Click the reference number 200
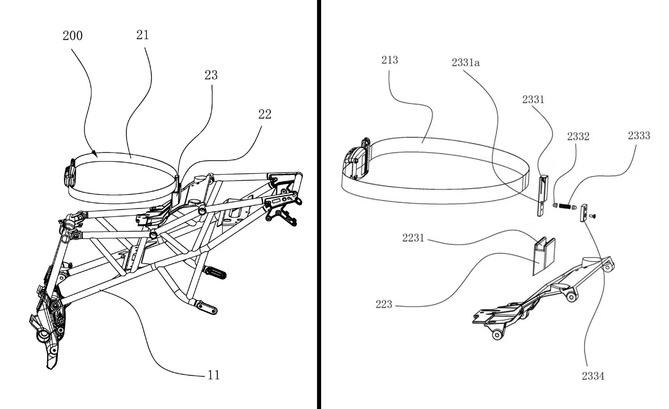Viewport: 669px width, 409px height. coord(72,36)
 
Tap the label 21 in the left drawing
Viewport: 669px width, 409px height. coord(143,35)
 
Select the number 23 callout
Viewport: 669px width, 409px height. coord(211,75)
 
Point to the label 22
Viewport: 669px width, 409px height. coord(265,114)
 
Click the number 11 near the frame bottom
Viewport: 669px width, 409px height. coord(214,375)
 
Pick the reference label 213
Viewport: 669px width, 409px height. coord(390,60)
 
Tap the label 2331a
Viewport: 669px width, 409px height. coord(466,62)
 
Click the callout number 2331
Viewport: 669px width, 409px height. coord(533,99)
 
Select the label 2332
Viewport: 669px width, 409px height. coord(578,136)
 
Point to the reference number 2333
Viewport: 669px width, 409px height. coord(639,135)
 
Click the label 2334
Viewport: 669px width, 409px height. coord(593,376)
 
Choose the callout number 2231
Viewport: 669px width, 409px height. coord(413,238)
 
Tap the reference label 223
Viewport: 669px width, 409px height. coord(384,305)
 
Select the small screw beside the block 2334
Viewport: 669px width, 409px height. coord(593,215)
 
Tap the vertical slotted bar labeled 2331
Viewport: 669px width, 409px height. coord(543,196)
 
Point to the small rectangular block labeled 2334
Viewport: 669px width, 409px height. coord(584,212)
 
